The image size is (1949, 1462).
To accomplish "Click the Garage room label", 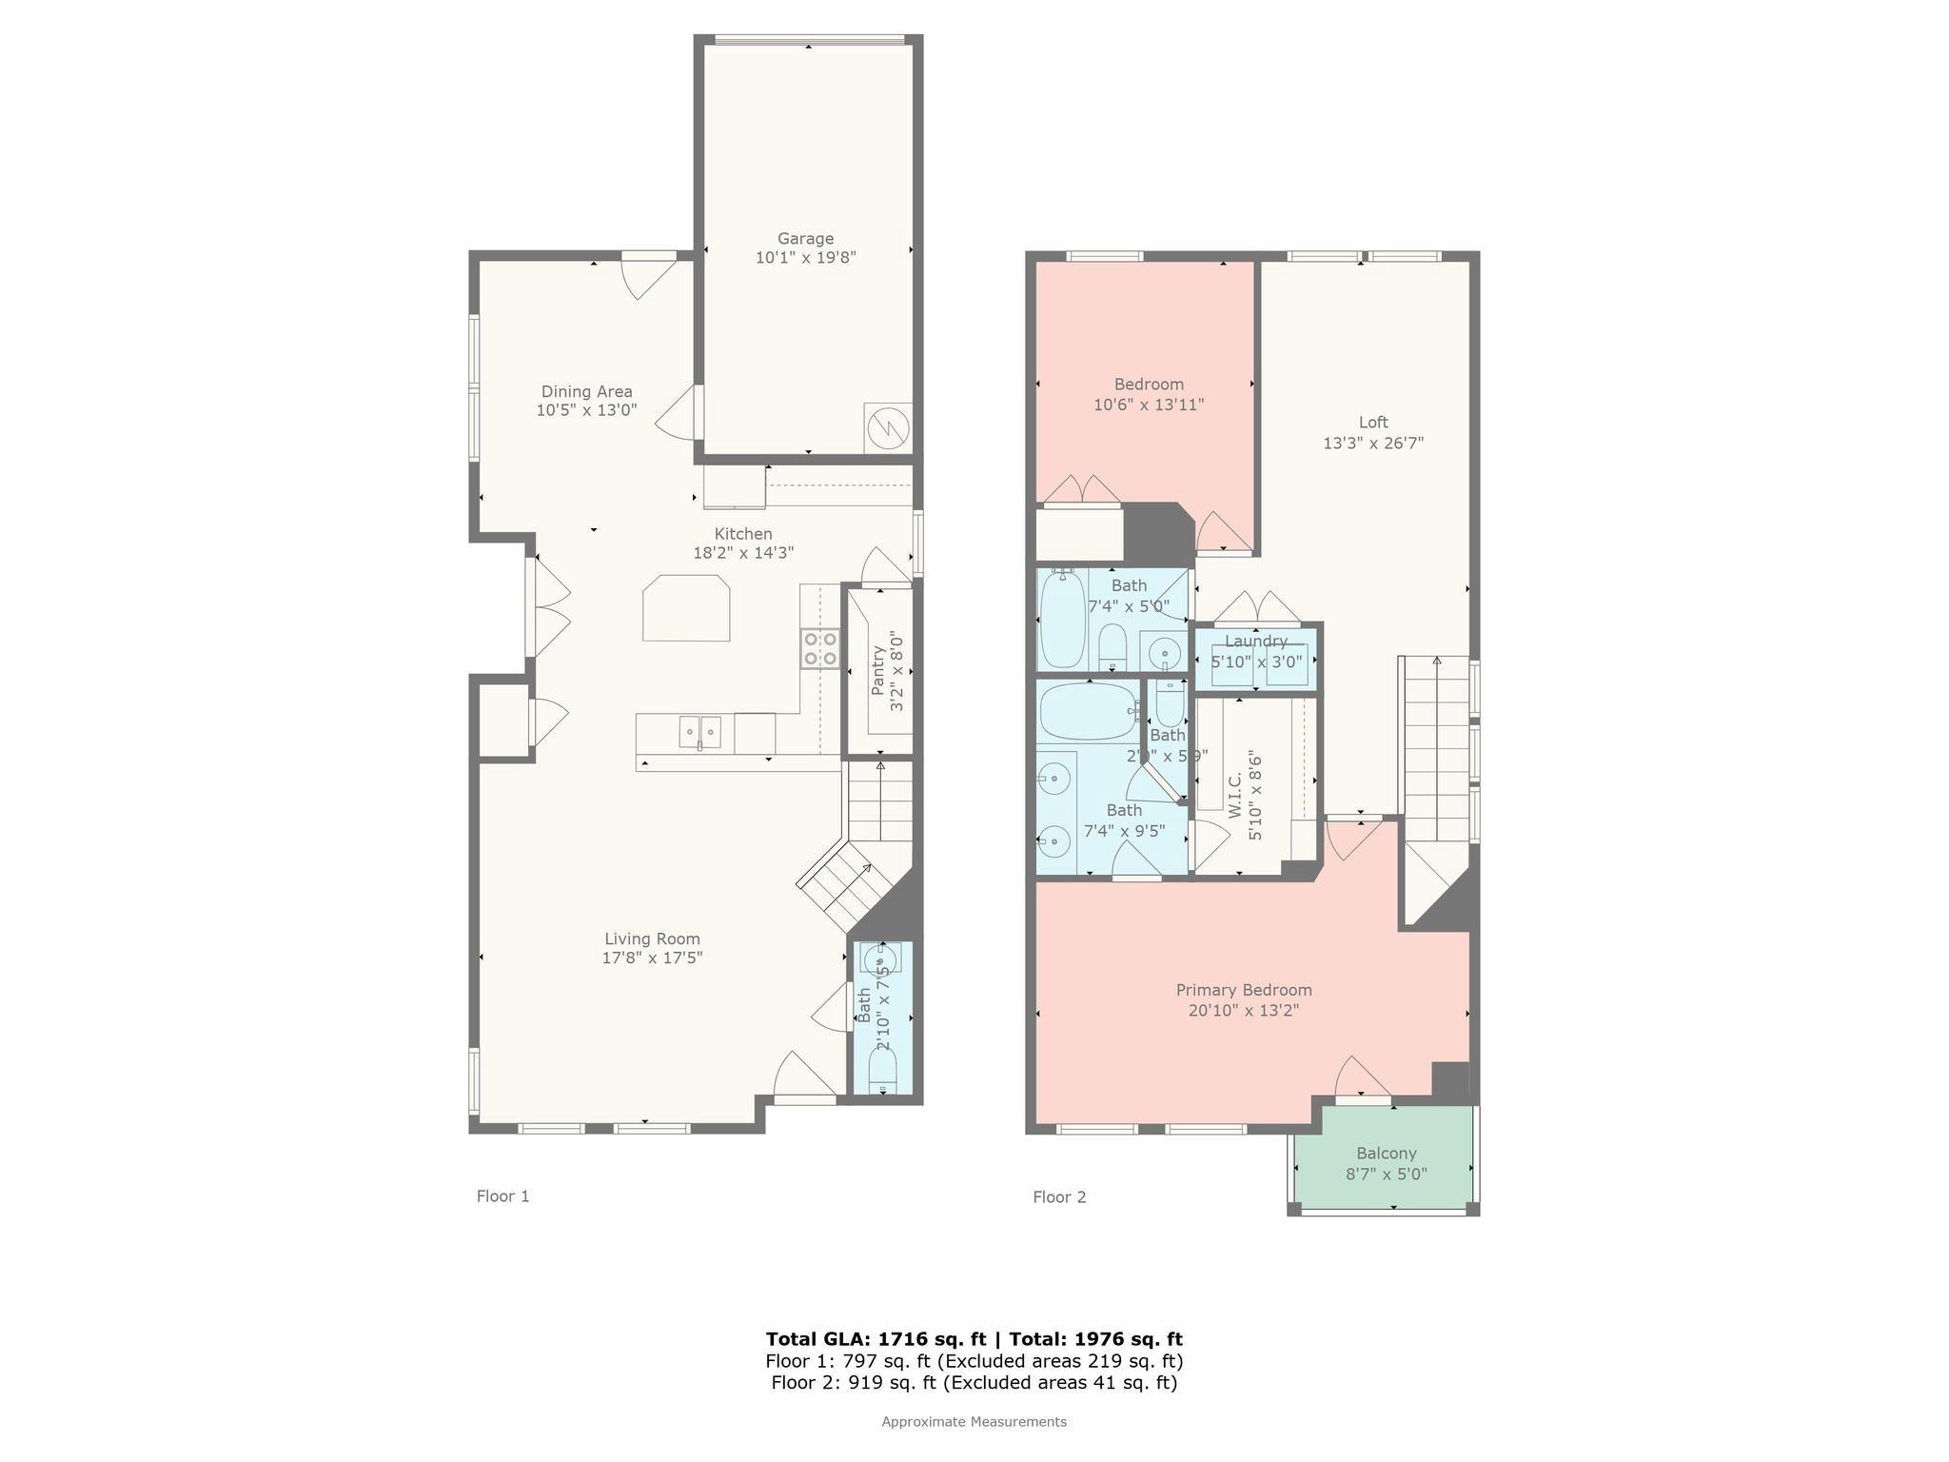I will tap(805, 239).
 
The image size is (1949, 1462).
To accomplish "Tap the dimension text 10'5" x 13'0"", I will tap(586, 410).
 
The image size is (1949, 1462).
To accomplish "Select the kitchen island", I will tap(686, 608).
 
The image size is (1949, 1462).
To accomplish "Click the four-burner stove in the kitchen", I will tap(820, 648).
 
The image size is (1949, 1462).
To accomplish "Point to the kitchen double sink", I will tap(699, 732).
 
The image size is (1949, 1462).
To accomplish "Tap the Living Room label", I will tap(652, 938).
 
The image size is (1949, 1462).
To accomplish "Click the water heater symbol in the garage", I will tap(887, 428).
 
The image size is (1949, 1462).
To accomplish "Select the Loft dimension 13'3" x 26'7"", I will tap(1373, 443).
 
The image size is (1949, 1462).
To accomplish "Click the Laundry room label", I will tap(1256, 642).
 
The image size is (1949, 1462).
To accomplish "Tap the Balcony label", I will tap(1387, 1153).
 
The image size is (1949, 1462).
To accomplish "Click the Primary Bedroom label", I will tap(1244, 990).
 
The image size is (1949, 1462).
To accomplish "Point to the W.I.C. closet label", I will tap(1235, 796).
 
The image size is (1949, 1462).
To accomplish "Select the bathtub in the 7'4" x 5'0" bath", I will tap(1062, 620).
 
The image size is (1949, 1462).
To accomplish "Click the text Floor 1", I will tap(502, 1196).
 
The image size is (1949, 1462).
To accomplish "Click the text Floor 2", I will tap(1059, 1197).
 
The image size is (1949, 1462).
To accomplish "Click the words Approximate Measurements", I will tap(974, 1422).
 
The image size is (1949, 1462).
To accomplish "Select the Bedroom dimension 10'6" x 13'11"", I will tap(1149, 405).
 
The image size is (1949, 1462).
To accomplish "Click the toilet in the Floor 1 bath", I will tap(882, 1077).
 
